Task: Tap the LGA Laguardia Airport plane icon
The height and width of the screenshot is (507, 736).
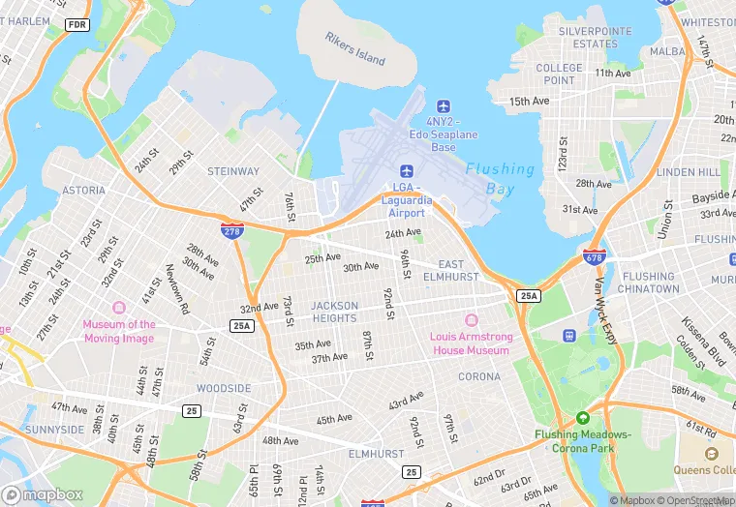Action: pos(407,171)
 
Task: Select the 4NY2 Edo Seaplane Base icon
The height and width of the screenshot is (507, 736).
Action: pos(444,105)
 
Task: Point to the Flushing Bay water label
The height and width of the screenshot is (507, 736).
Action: pos(500,179)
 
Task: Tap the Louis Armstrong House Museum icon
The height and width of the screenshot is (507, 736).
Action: pos(471,320)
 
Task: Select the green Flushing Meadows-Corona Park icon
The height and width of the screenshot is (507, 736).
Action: pos(583,418)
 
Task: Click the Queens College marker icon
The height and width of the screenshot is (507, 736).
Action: pos(712,453)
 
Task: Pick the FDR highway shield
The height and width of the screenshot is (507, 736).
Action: pos(77,24)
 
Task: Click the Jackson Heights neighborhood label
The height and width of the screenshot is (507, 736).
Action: pos(334,312)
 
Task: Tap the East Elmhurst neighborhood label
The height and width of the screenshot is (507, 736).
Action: pos(458,270)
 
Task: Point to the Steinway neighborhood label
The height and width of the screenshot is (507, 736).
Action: pos(233,171)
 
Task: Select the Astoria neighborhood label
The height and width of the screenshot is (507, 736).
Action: pos(83,191)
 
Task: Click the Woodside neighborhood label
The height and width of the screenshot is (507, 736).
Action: pos(224,388)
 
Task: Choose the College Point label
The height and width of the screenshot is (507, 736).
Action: pos(560,75)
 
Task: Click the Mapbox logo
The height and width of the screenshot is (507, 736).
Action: pos(44,493)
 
